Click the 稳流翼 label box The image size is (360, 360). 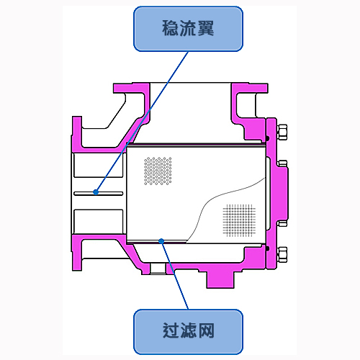(188, 29)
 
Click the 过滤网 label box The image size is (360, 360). (188, 332)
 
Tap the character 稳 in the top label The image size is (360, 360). (171, 28)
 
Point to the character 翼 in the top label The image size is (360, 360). (206, 28)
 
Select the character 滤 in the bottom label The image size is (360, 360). (189, 330)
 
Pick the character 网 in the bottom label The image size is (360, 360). (206, 330)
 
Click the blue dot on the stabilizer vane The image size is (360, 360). (96, 192)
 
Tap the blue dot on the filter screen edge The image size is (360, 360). (161, 241)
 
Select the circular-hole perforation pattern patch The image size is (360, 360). (158, 171)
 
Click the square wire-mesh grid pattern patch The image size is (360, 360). (239, 220)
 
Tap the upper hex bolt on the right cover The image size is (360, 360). (282, 132)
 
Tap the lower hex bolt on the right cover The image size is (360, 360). (282, 255)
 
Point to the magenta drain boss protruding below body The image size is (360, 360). (220, 279)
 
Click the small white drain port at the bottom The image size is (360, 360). (158, 269)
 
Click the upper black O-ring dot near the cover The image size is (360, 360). (268, 138)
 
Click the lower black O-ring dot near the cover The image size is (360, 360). (268, 248)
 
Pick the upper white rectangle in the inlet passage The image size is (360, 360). (99, 166)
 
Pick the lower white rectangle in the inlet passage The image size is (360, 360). (99, 222)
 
